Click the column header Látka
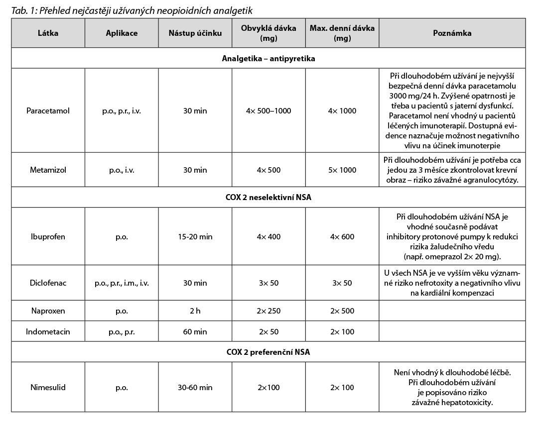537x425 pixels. (x=48, y=33)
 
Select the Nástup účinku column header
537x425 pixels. (x=195, y=33)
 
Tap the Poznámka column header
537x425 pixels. (x=452, y=33)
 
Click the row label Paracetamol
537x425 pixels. (x=48, y=110)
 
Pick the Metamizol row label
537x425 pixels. (x=48, y=170)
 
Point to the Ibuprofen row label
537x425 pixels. (x=48, y=236)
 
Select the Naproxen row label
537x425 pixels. (x=48, y=311)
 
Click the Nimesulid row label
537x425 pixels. (x=48, y=387)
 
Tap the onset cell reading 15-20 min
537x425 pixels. (x=195, y=236)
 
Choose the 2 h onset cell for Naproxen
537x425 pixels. (x=195, y=311)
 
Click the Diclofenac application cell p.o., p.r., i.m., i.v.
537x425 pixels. (x=122, y=283)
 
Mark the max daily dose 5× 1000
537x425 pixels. (x=342, y=170)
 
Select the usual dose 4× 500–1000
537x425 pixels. (x=268, y=110)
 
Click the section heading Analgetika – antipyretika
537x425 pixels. (x=268, y=58)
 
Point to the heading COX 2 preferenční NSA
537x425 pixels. (x=268, y=352)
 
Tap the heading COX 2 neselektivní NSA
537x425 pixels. (x=268, y=198)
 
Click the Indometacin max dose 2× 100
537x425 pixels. (x=342, y=331)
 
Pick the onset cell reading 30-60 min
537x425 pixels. (x=195, y=387)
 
